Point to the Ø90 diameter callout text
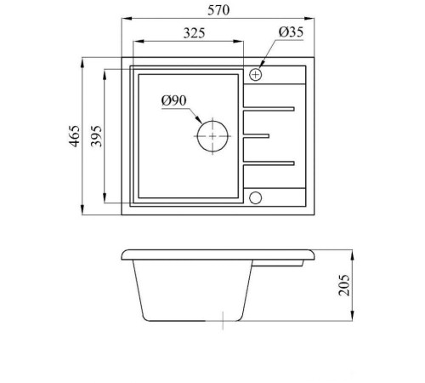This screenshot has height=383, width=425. pyautogui.click(x=173, y=101)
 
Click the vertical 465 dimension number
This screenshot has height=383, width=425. pyautogui.click(x=74, y=136)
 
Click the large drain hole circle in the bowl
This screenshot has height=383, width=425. pyautogui.click(x=212, y=136)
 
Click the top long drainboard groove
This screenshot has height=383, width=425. pyautogui.click(x=269, y=108)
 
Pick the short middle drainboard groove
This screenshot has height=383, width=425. pyautogui.click(x=258, y=135)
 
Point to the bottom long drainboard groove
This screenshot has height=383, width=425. pyautogui.click(x=269, y=163)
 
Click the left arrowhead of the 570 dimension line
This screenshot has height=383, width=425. pyautogui.click(x=126, y=19)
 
